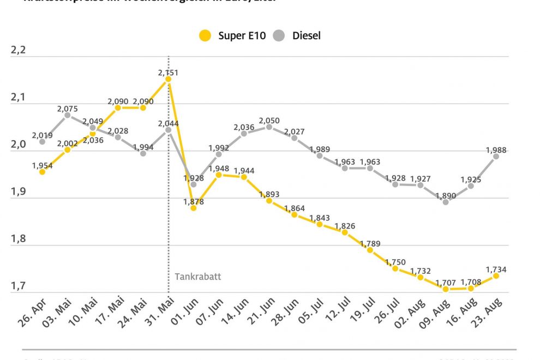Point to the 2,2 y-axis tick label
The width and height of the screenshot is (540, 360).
tap(19, 51)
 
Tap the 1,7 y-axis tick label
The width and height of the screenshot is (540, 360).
tap(19, 286)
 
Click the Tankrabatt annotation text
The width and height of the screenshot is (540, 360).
tap(198, 277)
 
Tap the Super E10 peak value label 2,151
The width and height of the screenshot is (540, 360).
tap(168, 72)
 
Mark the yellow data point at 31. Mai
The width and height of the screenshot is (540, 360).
tap(168, 79)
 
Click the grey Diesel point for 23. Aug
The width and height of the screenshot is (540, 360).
tap(496, 156)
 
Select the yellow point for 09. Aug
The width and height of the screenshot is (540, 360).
tap(446, 289)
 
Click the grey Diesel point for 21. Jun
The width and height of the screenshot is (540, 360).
tap(269, 127)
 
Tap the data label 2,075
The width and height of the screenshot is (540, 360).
tap(67, 109)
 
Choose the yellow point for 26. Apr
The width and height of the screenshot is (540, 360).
tap(42, 172)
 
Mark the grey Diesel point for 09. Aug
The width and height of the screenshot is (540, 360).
tap(446, 202)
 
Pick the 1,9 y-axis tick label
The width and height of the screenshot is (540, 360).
tap(19, 191)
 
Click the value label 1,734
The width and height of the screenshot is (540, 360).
tap(496, 268)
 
